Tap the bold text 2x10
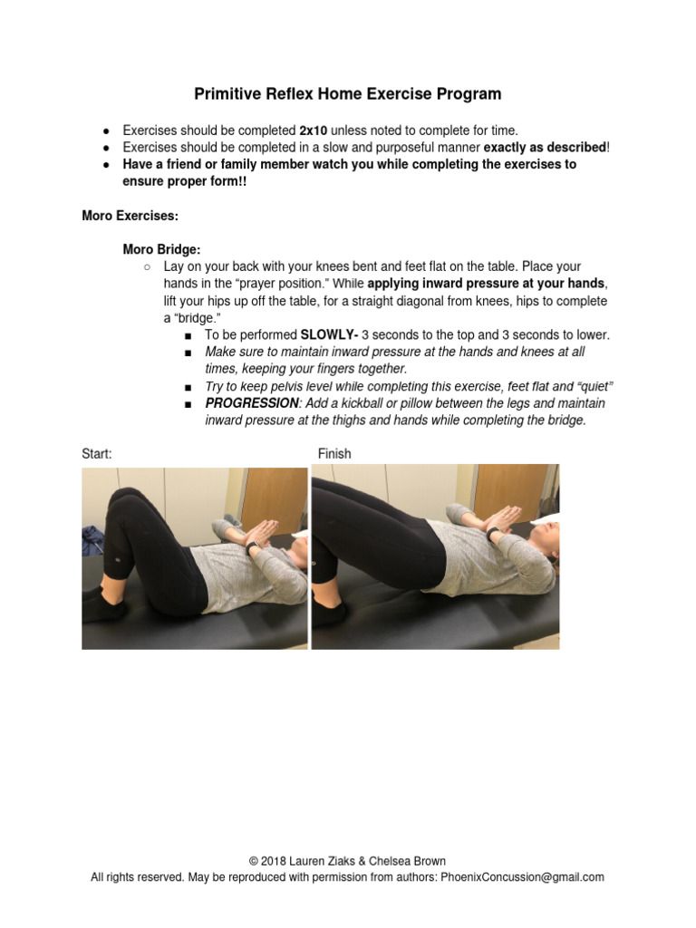314,130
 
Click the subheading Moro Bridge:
162,249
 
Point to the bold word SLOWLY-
329,334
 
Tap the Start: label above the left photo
97,454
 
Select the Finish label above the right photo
334,454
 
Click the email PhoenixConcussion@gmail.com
522,877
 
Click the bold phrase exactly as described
544,148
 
